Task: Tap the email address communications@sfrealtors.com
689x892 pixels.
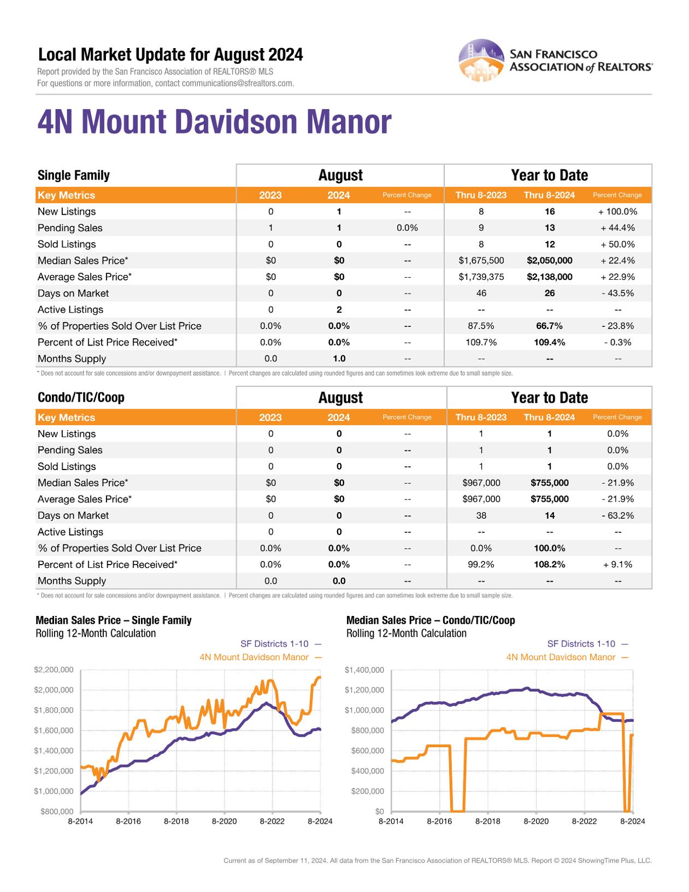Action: click(x=238, y=84)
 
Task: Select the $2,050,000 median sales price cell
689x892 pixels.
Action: click(x=549, y=261)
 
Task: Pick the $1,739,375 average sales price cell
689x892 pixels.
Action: click(x=481, y=277)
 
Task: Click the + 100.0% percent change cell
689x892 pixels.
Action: click(x=617, y=212)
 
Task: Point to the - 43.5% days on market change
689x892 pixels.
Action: click(x=617, y=294)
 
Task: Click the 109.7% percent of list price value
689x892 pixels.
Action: click(x=481, y=343)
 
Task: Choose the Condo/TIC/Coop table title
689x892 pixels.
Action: click(x=81, y=397)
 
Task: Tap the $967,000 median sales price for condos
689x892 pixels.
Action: click(x=481, y=483)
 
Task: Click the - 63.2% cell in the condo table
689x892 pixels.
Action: click(x=617, y=515)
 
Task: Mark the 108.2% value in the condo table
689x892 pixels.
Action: click(x=549, y=565)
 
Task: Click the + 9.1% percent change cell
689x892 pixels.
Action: click(x=617, y=565)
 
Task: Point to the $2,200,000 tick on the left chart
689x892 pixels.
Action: click(x=54, y=670)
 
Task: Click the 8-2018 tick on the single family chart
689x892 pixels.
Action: click(x=176, y=821)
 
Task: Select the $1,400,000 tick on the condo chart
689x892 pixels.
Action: click(x=364, y=670)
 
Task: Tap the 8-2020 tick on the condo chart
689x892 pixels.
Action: click(x=536, y=821)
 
